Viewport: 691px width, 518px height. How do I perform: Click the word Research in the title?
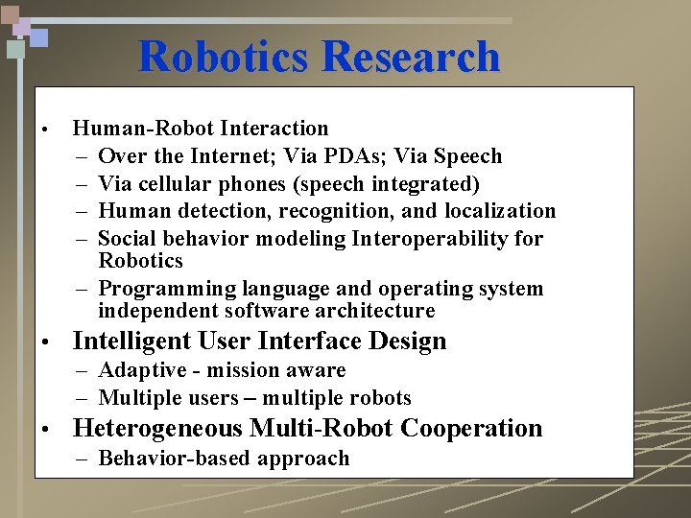tap(411, 57)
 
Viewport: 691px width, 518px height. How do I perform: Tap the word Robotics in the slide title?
tap(225, 57)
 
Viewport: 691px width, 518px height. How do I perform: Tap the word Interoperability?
tap(420, 238)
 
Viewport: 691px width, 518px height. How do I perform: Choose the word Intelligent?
tap(131, 341)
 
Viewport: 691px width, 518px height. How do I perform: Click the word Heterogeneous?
tap(157, 429)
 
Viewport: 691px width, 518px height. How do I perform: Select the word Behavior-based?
tap(164, 459)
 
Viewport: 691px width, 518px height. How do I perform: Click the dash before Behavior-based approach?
tap(82, 459)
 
